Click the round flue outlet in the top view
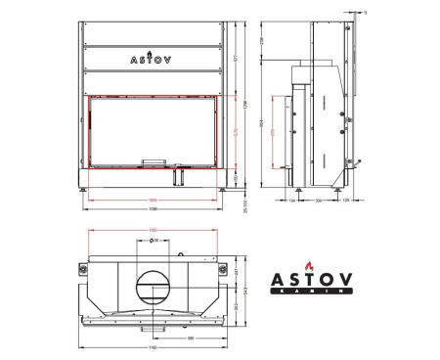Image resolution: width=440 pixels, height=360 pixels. point(153,285)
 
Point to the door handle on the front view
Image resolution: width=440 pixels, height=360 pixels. point(154,161)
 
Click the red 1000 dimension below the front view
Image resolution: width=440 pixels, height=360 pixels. point(153,200)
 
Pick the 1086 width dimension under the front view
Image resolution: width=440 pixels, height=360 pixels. point(153,209)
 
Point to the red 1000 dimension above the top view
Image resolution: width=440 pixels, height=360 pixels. point(153,230)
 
